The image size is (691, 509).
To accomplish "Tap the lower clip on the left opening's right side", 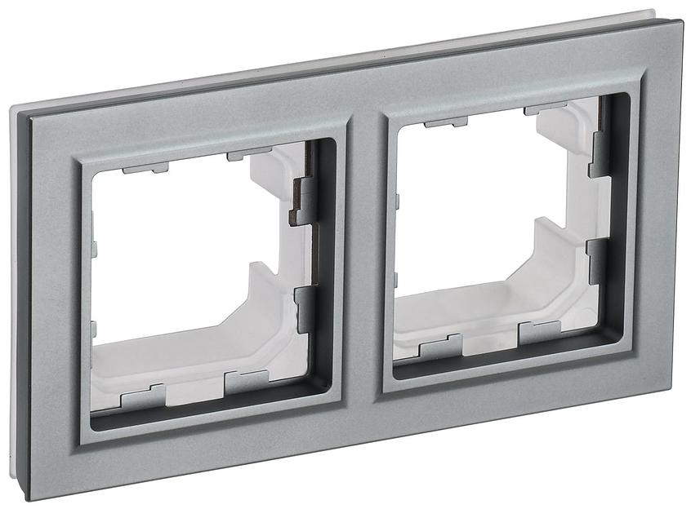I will [304, 308].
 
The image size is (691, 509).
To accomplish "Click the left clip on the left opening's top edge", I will [145, 168].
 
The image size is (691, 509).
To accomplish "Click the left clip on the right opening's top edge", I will [446, 123].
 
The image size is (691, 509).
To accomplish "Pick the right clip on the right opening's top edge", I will [543, 109].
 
